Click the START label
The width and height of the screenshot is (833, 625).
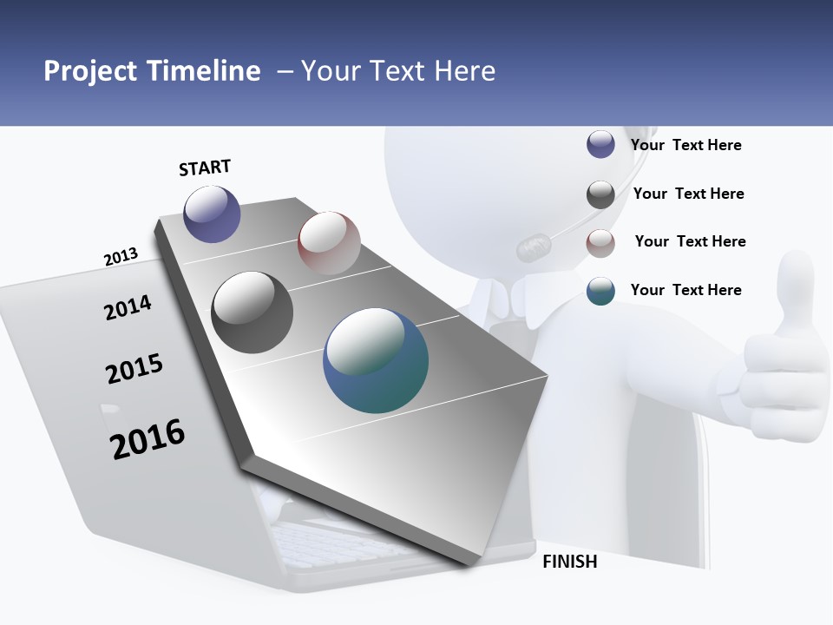click(x=205, y=168)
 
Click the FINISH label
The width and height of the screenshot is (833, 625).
click(x=570, y=562)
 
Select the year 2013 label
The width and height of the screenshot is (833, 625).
click(x=121, y=257)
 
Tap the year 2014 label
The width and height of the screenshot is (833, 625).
click(x=128, y=307)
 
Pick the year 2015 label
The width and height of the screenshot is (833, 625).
click(x=134, y=369)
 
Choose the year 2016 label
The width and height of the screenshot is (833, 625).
click(x=148, y=439)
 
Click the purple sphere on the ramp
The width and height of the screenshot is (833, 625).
click(x=212, y=214)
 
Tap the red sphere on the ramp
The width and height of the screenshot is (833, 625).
click(x=329, y=243)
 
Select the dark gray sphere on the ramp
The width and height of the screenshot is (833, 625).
click(x=253, y=312)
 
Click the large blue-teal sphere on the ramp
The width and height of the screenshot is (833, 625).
click(x=376, y=360)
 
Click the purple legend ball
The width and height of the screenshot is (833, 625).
click(x=600, y=145)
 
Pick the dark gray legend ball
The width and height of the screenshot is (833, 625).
click(x=600, y=194)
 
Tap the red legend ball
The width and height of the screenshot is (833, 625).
click(x=600, y=243)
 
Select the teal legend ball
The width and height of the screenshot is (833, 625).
click(x=600, y=291)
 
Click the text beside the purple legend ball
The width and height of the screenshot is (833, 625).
click(x=686, y=145)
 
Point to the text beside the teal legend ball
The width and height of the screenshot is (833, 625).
click(x=686, y=290)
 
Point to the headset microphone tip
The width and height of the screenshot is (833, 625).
click(x=533, y=248)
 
